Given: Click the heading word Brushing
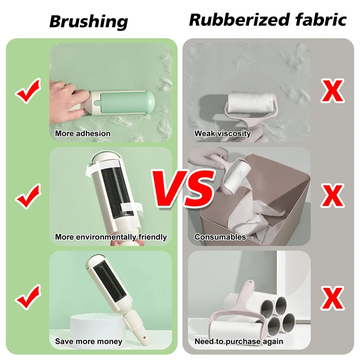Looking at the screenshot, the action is pos(89,22).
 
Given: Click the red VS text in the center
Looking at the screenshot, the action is pos(184,189).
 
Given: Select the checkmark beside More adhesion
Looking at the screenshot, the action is pos(28,91).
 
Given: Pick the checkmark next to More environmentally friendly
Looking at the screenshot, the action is pos(28,196).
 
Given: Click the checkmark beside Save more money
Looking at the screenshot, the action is pos(28,297).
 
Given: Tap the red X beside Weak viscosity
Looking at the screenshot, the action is pos(333,91).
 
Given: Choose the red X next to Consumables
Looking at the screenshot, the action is pos(333,196).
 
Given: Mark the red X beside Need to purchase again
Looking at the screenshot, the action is pos(333,298).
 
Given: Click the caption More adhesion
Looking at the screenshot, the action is pos(83,133).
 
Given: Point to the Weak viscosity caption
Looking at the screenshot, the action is pos(222,133).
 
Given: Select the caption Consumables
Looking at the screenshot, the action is pos(220,237).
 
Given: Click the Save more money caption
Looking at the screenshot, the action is pos(89,342).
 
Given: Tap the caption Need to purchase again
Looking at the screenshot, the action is pos(239,342).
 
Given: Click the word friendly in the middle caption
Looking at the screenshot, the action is pos(153,237).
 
